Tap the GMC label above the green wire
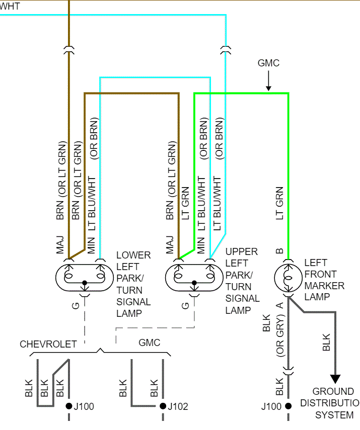click(268, 63)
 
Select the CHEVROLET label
click(48, 344)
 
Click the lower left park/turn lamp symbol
click(84, 277)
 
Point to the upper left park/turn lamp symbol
click(193, 277)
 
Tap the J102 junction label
click(178, 406)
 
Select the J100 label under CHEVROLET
click(83, 406)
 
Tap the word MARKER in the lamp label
click(324, 286)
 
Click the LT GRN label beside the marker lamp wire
click(280, 203)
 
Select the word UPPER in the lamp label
click(241, 251)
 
